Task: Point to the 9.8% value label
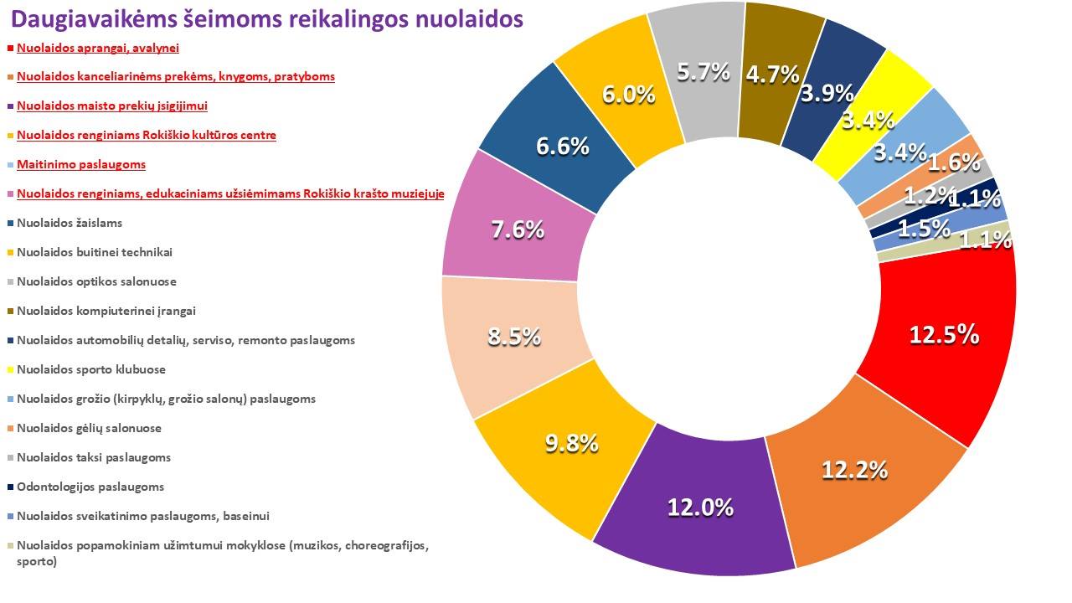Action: pos(571,443)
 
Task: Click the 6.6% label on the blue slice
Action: pos(563,147)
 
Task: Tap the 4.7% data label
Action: pos(772,75)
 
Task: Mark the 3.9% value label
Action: pos(827,93)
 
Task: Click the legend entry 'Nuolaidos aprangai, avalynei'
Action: pos(98,48)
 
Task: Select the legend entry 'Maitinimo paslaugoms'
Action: pos(81,164)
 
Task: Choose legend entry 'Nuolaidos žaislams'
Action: pos(70,223)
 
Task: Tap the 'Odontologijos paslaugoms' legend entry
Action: pos(90,487)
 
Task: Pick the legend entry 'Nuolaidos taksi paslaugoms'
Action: pos(94,457)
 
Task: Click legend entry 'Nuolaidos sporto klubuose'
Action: pos(91,369)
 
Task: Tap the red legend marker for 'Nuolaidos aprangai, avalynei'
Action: pos(9,49)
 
